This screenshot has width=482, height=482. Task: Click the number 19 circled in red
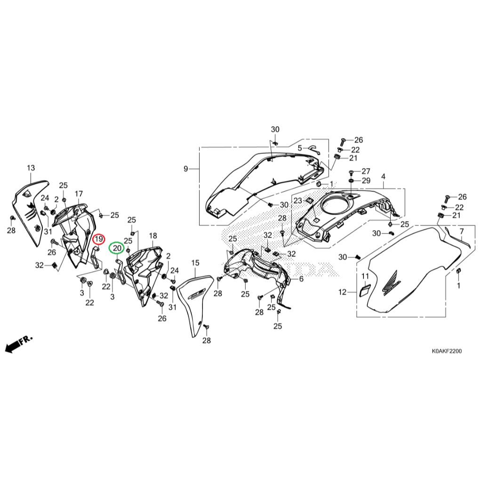click(x=98, y=240)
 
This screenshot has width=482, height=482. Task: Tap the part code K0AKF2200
click(x=447, y=351)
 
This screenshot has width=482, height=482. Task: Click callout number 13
click(x=31, y=168)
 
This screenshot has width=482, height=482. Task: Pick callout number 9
click(x=185, y=169)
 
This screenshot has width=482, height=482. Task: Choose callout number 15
click(x=195, y=262)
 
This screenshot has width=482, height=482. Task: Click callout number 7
click(x=462, y=231)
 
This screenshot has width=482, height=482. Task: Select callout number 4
click(x=383, y=177)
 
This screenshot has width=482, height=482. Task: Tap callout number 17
click(x=79, y=193)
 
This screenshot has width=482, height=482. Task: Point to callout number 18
click(x=153, y=235)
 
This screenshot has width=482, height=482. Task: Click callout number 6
click(x=301, y=279)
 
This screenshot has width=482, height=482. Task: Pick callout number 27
click(x=366, y=171)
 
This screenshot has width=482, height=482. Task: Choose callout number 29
click(x=366, y=181)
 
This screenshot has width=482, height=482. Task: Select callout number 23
click(x=297, y=201)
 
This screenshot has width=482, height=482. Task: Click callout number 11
click(x=365, y=276)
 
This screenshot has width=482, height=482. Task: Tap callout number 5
click(x=299, y=148)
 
